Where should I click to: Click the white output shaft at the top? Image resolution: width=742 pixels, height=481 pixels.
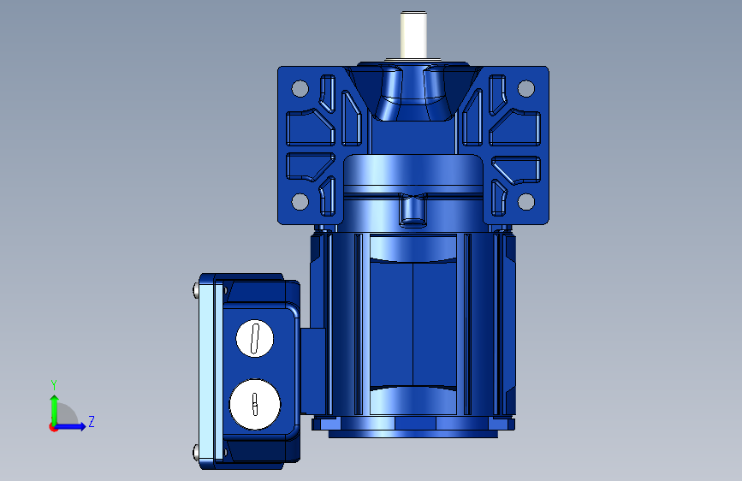click(x=413, y=35)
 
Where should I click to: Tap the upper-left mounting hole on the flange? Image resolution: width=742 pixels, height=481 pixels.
click(x=300, y=88)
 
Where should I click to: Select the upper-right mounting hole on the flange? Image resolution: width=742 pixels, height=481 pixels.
click(x=525, y=88)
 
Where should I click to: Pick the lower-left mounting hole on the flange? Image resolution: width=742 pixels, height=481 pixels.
click(x=300, y=201)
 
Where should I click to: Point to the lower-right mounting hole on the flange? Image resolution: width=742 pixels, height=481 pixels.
click(x=525, y=201)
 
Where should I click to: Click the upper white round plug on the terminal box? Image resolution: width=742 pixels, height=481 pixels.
click(x=254, y=338)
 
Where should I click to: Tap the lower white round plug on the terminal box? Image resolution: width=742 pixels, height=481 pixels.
click(x=254, y=404)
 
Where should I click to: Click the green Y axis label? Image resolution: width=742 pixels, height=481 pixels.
click(x=54, y=384)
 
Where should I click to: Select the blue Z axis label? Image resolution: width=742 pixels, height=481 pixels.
click(x=92, y=421)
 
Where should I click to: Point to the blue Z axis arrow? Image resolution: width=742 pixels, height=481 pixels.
click(x=71, y=426)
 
